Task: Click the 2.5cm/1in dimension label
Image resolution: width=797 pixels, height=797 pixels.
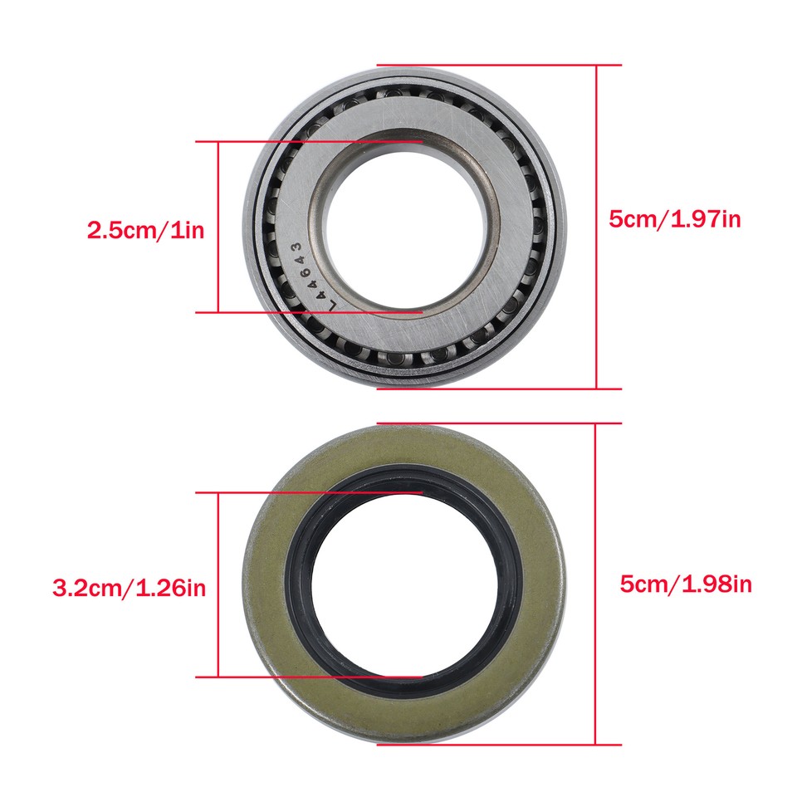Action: pos(145,230)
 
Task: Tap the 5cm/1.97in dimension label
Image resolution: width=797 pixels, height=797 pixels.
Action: pos(675,220)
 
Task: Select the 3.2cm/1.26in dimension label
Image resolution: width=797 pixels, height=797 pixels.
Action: pos(129,589)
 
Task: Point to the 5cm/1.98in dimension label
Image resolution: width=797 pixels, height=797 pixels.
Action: pos(686,584)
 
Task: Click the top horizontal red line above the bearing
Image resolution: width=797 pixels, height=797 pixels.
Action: pos(498,64)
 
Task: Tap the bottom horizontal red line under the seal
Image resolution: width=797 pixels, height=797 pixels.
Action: pos(498,745)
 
